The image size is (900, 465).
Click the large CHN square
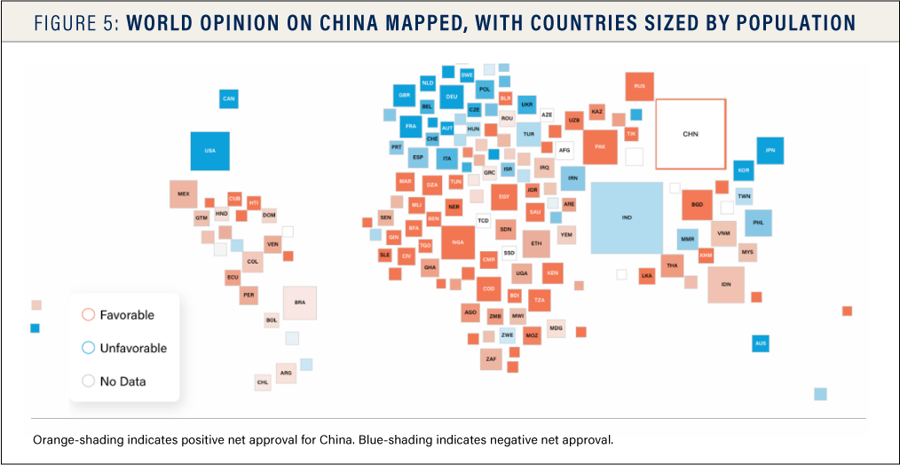(691, 134)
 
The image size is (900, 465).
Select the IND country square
(627, 217)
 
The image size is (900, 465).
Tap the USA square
(209, 151)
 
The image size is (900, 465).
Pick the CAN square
(229, 99)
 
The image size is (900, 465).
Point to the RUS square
(639, 87)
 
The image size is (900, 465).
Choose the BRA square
(300, 303)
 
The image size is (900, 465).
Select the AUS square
(760, 343)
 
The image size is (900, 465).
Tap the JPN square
(770, 151)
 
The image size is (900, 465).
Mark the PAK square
(600, 147)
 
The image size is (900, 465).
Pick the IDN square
(726, 284)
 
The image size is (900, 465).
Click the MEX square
(184, 193)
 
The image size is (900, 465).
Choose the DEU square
(452, 96)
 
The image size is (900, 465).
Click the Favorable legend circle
(88, 315)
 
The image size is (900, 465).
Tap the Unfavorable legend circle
(88, 348)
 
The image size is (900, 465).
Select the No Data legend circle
(88, 381)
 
